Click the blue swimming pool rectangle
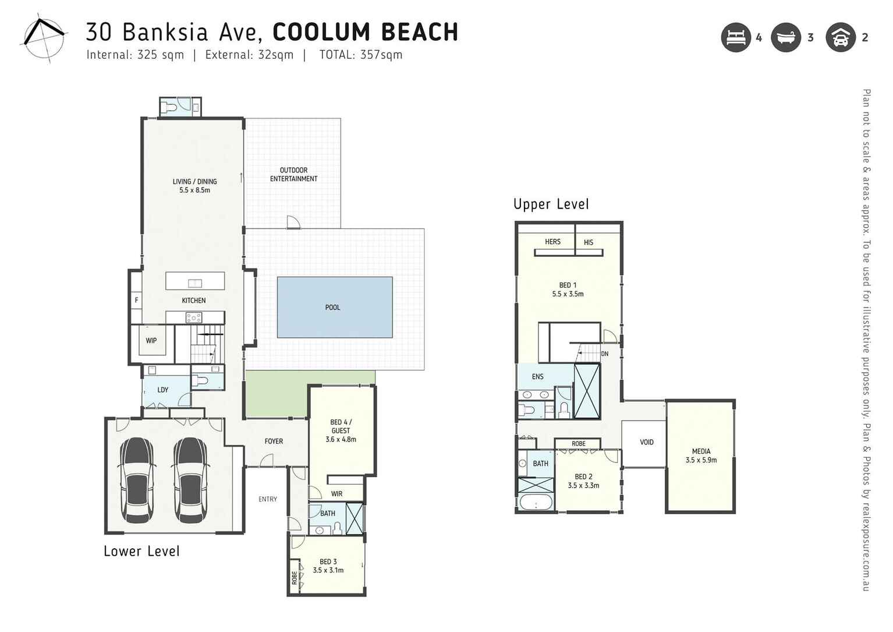335,307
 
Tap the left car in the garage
137,480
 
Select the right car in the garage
190,480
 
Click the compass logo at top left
43,38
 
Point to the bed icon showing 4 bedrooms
736,38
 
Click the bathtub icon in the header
786,38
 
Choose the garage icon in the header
840,38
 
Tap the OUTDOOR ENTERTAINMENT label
293,175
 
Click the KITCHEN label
194,301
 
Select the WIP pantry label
151,341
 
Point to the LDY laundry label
163,390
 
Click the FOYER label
274,442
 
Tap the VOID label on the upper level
647,442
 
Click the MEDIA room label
701,456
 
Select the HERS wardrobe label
552,242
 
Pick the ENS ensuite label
537,377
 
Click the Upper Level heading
551,204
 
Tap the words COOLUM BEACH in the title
365,33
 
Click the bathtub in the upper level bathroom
536,502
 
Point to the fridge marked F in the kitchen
136,301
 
